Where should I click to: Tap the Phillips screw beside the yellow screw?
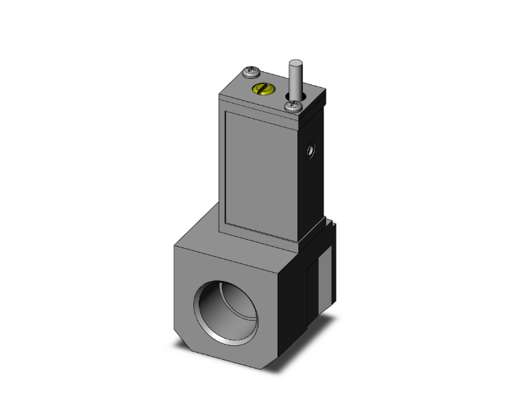tap(251, 71)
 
